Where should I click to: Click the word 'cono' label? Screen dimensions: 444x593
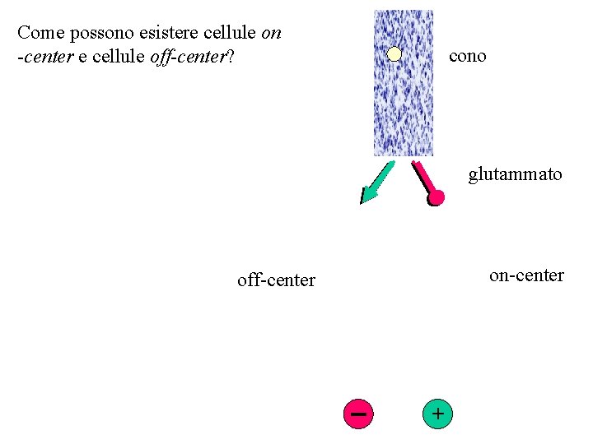point(468,56)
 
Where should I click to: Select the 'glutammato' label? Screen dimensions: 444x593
point(516,174)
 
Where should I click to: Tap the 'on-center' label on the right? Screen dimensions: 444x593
point(526,275)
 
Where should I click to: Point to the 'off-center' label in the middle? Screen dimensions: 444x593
point(276,280)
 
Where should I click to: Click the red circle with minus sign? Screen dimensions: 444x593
point(358,413)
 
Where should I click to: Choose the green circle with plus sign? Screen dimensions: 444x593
point(437,413)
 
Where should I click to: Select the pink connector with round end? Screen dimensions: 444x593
point(426,182)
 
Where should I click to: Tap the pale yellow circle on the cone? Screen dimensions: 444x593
point(395,55)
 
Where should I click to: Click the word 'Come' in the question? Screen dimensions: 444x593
point(37,33)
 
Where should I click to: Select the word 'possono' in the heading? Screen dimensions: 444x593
point(92,33)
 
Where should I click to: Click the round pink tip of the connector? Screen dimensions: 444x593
point(436,197)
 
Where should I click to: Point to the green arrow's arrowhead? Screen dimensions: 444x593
point(366,195)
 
